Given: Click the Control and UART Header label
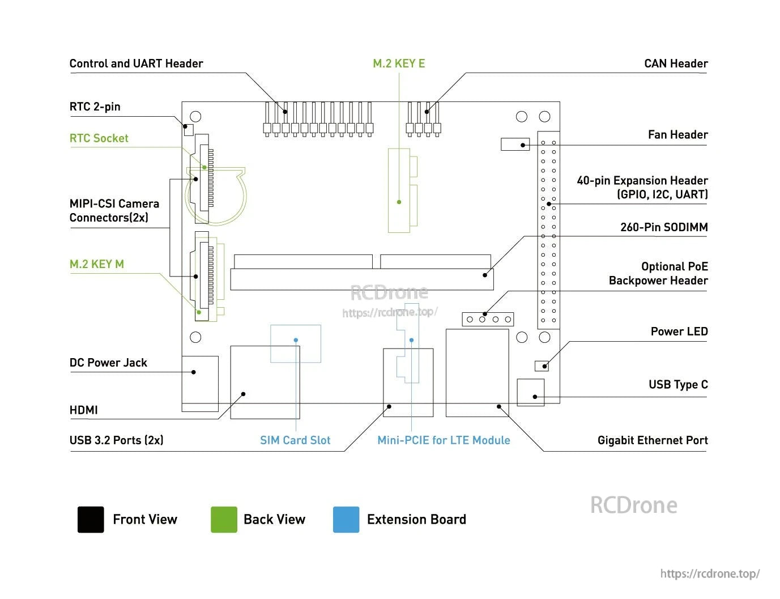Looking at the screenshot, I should pos(136,63).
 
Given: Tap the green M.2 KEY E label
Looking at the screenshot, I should pos(399,63).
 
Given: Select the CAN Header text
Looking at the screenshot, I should pos(676,63).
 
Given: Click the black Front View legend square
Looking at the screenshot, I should pos(91,520).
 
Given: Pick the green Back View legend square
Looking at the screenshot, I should pos(224,520).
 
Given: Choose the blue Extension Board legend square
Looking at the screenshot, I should pos(346,520).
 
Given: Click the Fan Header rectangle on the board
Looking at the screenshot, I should pos(515,144).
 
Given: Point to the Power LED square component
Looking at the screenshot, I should pos(542,366).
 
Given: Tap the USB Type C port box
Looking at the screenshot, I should pos(531,392).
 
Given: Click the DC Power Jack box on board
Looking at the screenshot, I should pos(200,383).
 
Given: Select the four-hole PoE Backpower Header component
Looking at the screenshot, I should pos(488,319).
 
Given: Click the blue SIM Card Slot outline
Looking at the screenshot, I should pos(296,344).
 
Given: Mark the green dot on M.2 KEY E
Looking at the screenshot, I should pos(399,202).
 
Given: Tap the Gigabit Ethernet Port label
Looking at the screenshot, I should pos(653,440).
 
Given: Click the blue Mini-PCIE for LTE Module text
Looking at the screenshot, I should pos(444,440).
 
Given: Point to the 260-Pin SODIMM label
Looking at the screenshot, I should pos(664,227).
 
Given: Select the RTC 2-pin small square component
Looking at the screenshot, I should pos(189,130).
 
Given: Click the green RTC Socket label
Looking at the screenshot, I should pos(99,138).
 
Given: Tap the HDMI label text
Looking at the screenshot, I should pos(83,410).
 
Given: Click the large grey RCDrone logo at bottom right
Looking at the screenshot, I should pos(633,505).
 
